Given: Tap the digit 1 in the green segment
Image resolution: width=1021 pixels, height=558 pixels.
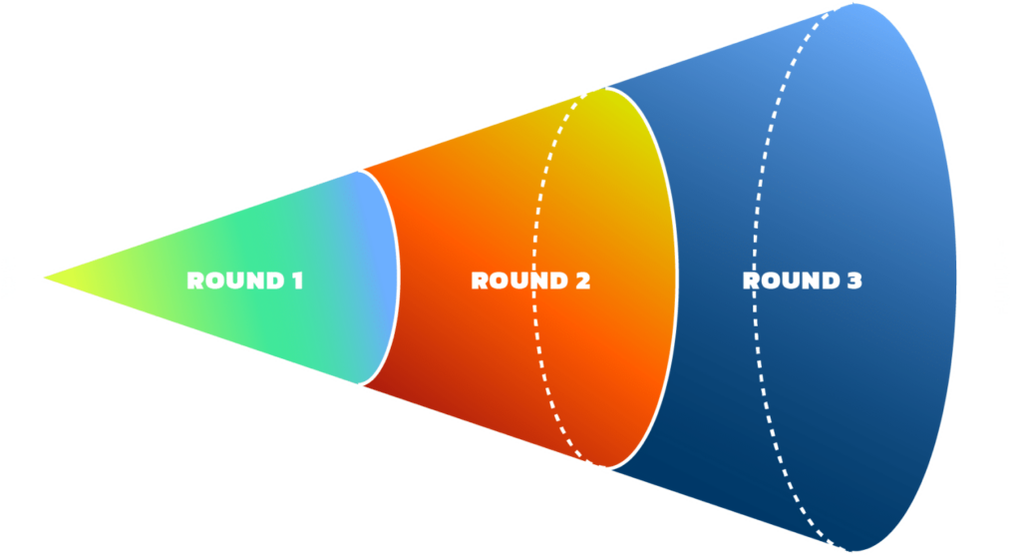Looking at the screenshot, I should pos(296,280).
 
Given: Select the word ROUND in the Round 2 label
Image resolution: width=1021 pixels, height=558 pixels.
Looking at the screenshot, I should pos(515,280).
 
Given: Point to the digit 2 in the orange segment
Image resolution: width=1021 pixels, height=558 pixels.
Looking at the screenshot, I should pos(581,280).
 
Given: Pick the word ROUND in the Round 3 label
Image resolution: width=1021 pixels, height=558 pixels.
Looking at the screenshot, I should pos(788,280).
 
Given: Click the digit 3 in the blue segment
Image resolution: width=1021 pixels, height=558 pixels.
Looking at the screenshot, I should pos(853,280).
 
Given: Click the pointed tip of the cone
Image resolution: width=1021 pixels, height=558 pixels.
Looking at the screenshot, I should pos(38,277).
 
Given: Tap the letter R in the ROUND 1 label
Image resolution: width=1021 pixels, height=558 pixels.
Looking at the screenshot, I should pos(194,280).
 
